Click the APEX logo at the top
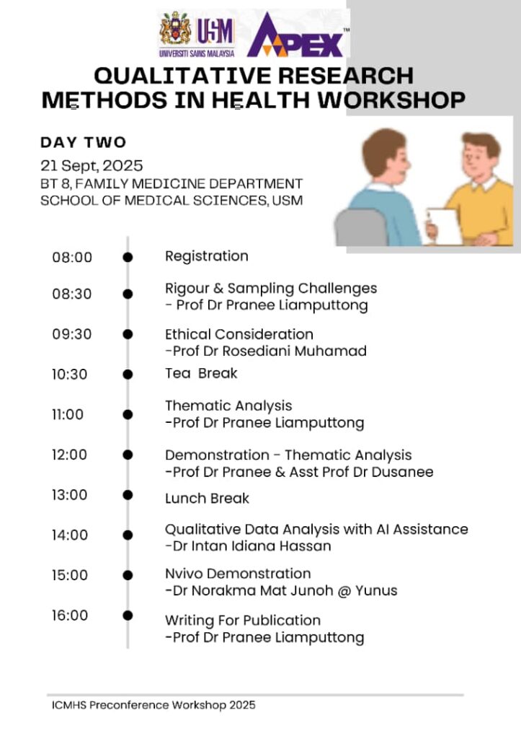[295, 36]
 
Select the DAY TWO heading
[83, 142]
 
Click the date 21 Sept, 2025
[92, 165]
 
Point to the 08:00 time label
[72, 257]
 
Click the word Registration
[206, 256]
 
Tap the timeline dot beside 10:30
[128, 374]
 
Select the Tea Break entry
[201, 373]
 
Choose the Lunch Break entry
[207, 499]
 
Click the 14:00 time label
[70, 535]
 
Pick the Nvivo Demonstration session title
[238, 574]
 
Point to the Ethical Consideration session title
[239, 334]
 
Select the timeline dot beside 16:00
[128, 615]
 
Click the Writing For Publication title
[243, 620]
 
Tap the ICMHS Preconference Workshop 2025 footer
[153, 705]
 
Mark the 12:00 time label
[69, 455]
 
